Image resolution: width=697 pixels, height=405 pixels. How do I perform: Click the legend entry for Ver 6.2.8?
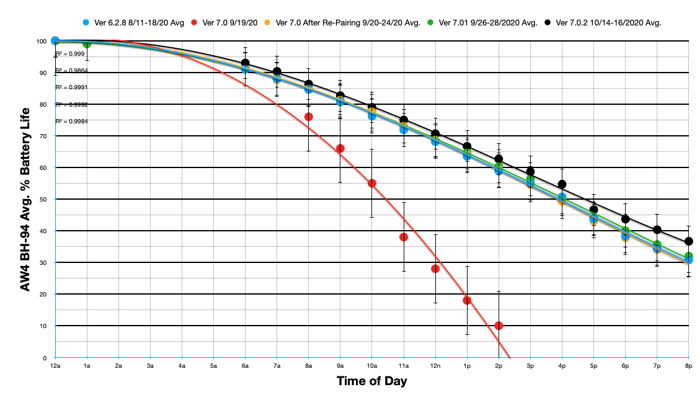tap(133, 23)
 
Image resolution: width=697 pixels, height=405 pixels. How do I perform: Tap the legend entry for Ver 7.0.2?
tap(603, 23)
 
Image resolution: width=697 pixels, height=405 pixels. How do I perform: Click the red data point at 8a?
tap(309, 117)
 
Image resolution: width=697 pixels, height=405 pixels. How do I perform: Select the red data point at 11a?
tap(404, 237)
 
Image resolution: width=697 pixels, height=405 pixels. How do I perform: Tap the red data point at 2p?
tap(499, 326)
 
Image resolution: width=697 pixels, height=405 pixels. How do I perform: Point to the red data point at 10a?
tap(372, 183)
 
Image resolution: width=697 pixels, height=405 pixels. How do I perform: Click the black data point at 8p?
tap(688, 241)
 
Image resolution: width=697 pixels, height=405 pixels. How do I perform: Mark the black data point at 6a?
tap(246, 63)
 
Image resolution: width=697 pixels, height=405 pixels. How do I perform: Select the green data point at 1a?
tap(87, 43)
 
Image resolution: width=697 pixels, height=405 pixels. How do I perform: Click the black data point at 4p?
tap(562, 184)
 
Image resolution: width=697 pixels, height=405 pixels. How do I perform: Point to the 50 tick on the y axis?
tap(43, 199)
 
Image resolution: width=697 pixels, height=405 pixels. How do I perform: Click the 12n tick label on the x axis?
tap(435, 367)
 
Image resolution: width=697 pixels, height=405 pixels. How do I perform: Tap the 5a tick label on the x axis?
tap(214, 367)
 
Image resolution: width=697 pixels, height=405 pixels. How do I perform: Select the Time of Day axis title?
tap(372, 381)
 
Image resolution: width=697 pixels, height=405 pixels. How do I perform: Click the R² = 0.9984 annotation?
tap(71, 122)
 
